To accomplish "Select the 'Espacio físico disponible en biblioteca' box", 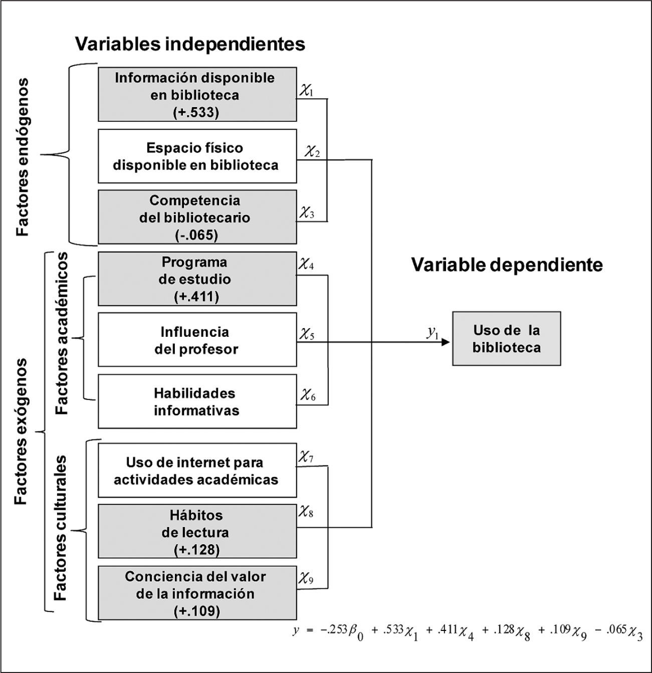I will point(197,156).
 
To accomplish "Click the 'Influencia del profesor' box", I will point(197,340).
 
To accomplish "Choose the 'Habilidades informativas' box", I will point(197,401).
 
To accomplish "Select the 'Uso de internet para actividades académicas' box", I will point(197,471).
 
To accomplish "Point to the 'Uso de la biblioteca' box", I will point(506,339).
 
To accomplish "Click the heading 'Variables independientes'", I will point(190,44).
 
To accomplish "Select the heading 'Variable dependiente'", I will point(507,265).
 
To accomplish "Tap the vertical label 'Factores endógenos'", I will point(22,156).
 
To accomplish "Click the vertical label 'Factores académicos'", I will point(62,333).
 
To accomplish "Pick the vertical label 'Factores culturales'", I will point(61,528).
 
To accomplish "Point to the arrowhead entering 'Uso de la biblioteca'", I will point(447,343).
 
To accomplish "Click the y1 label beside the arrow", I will point(432,333).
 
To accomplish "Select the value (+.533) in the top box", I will point(196,112).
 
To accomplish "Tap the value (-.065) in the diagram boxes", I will point(196,235).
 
